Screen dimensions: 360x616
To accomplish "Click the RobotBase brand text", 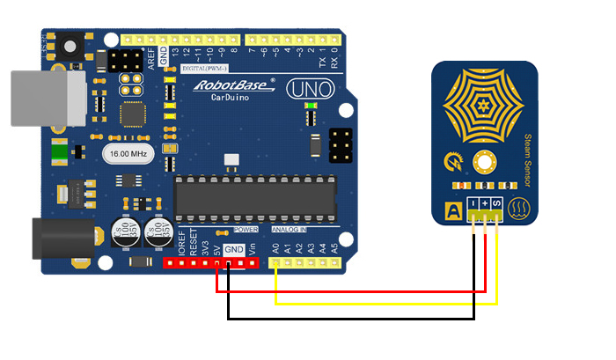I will pyautogui.click(x=227, y=85).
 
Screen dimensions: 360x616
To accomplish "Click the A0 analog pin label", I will pyautogui.click(x=275, y=249).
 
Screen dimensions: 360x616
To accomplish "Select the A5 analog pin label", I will pyautogui.click(x=334, y=249).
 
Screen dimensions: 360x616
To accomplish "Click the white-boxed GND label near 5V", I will pyautogui.click(x=233, y=249).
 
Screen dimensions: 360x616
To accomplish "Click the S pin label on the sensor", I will pyautogui.click(x=496, y=205).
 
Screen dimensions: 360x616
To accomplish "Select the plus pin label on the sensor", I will pyautogui.click(x=485, y=205).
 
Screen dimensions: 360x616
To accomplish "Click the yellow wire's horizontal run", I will pyautogui.click(x=387, y=304).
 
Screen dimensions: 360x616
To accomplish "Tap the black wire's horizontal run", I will pyautogui.click(x=352, y=318).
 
